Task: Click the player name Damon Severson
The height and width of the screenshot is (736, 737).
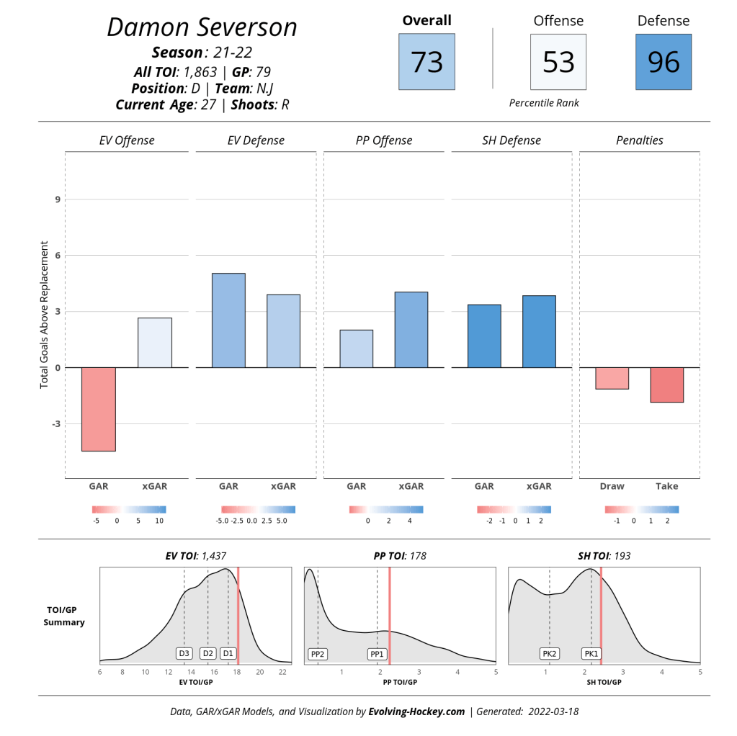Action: click(x=202, y=27)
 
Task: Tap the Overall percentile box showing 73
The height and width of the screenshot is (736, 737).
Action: click(x=426, y=62)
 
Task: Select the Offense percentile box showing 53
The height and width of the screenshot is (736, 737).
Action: click(x=558, y=62)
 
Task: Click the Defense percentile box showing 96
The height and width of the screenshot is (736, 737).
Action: click(x=663, y=62)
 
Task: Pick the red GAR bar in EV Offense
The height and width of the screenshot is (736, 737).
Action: click(x=99, y=409)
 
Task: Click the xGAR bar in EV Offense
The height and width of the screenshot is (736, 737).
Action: click(x=155, y=343)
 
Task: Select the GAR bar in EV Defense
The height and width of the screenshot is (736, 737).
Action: click(x=228, y=320)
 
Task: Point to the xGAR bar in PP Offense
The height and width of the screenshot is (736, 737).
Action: click(x=411, y=330)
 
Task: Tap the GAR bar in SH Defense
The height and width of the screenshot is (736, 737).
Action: click(x=484, y=336)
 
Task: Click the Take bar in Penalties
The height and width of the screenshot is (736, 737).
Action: click(x=666, y=385)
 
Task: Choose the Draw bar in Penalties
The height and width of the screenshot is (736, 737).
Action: click(x=612, y=378)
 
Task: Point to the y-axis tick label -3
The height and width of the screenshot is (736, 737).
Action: click(x=55, y=424)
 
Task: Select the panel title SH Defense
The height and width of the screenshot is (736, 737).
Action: click(x=511, y=140)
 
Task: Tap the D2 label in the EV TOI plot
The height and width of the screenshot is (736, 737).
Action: click(x=208, y=653)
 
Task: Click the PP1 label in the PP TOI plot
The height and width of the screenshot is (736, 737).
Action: click(x=377, y=654)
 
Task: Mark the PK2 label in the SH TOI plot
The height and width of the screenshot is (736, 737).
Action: click(x=550, y=654)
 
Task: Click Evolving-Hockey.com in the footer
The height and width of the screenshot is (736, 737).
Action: click(x=416, y=712)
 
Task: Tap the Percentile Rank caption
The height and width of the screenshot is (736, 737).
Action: click(x=544, y=103)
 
